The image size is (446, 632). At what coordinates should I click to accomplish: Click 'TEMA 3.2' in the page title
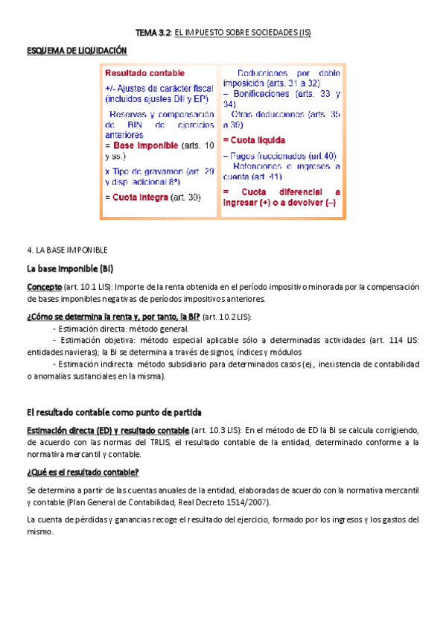click(153, 33)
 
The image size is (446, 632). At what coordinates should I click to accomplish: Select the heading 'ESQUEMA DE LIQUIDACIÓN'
click(77, 50)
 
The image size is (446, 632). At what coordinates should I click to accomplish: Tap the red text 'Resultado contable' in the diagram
click(145, 74)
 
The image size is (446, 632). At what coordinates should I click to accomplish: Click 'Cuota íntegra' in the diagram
click(140, 197)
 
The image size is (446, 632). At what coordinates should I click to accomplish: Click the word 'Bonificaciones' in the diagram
click(260, 95)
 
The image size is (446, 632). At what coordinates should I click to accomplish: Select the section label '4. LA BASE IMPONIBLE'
click(68, 248)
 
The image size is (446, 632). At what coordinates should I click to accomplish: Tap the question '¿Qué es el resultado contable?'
click(82, 473)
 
